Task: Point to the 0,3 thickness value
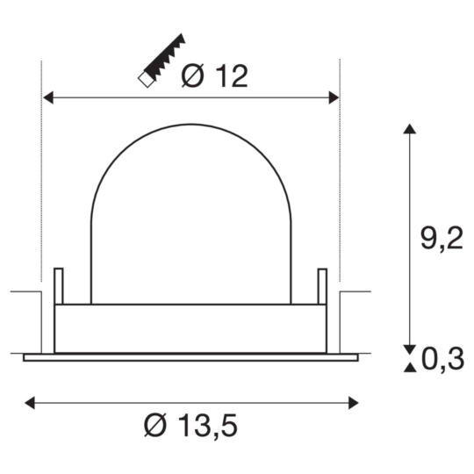441,358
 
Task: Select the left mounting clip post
59,285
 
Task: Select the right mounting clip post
322,285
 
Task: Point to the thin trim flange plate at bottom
190,357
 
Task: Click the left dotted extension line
42,176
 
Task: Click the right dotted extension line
340,176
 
